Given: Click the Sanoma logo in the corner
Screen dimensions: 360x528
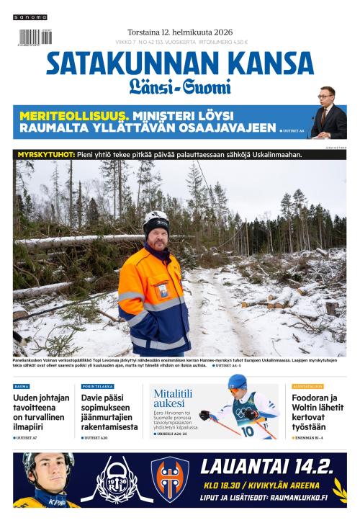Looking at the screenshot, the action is pyautogui.click(x=30, y=17).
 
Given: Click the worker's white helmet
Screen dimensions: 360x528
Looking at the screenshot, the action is pyautogui.click(x=155, y=218).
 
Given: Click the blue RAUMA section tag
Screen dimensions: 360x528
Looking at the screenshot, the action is pyautogui.click(x=22, y=387).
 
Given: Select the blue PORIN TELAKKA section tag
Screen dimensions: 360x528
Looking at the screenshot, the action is pyautogui.click(x=97, y=387).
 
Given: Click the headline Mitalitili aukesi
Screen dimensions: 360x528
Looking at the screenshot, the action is pyautogui.click(x=173, y=398).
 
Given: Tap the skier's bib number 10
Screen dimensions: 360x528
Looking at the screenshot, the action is pyautogui.click(x=247, y=431).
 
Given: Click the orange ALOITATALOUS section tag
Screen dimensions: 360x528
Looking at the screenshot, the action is pyautogui.click(x=307, y=387).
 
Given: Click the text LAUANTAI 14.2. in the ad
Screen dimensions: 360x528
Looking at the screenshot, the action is pyautogui.click(x=266, y=466).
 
